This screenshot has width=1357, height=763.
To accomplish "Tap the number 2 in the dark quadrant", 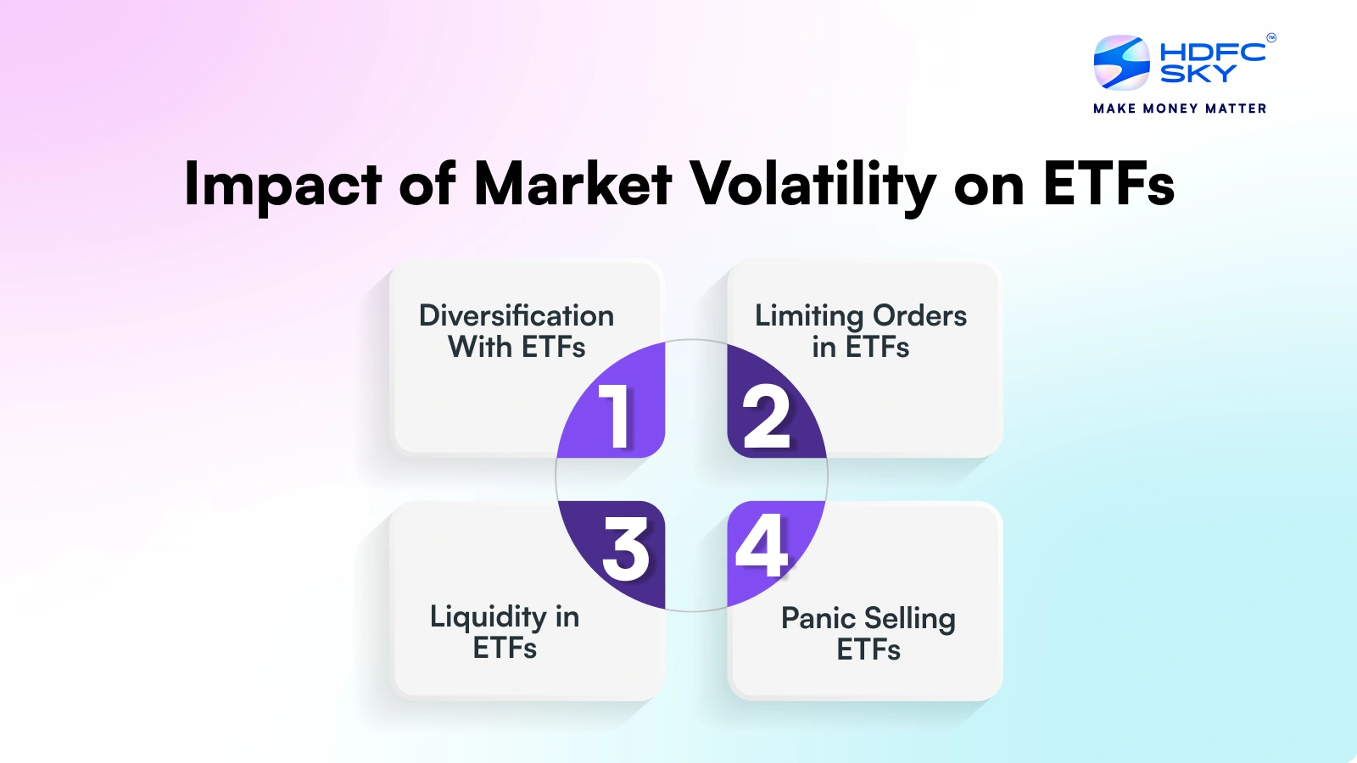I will [766, 416].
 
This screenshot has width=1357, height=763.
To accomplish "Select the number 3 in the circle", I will [626, 550].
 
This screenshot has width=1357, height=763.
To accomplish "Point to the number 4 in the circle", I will [762, 547].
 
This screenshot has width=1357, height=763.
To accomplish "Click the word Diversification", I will [516, 315].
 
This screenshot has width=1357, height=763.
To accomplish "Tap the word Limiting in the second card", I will [808, 316].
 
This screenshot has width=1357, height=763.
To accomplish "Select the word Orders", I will [920, 315].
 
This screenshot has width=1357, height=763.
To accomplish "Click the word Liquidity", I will [488, 617].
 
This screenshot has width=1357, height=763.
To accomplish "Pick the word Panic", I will [818, 618].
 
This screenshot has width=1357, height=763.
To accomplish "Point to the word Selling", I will [910, 619].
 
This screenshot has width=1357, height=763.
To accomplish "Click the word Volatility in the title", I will [813, 184].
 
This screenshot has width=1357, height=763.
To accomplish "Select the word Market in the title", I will [573, 183].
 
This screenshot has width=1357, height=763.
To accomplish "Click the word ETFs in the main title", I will [1108, 184].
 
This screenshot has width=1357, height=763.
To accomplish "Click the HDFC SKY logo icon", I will [1121, 62].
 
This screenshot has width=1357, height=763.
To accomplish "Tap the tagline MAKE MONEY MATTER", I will [1180, 109].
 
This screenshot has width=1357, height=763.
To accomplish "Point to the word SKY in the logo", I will [1198, 74].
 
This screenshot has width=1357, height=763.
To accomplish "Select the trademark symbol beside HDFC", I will [1270, 37].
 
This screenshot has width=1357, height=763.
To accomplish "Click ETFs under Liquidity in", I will [505, 649].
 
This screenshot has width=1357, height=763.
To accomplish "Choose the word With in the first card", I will [480, 348].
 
